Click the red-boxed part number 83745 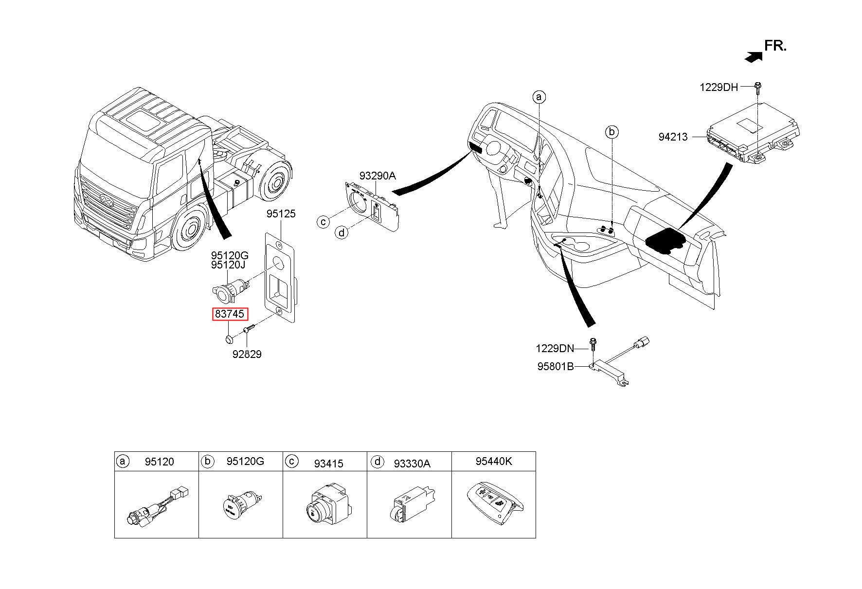coord(230,314)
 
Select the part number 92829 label coord(247,355)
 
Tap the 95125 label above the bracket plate coord(281,214)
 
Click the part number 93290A coord(378,176)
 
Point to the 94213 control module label coord(673,137)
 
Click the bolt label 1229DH coord(718,88)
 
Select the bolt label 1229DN coord(555,349)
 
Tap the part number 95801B coord(556,367)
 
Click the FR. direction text coord(775,46)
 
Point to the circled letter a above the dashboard coord(539,97)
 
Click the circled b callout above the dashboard coord(612,132)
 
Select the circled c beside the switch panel coord(323,222)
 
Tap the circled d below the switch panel coord(341,233)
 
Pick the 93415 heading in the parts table coord(328,464)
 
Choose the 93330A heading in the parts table coord(412,464)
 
